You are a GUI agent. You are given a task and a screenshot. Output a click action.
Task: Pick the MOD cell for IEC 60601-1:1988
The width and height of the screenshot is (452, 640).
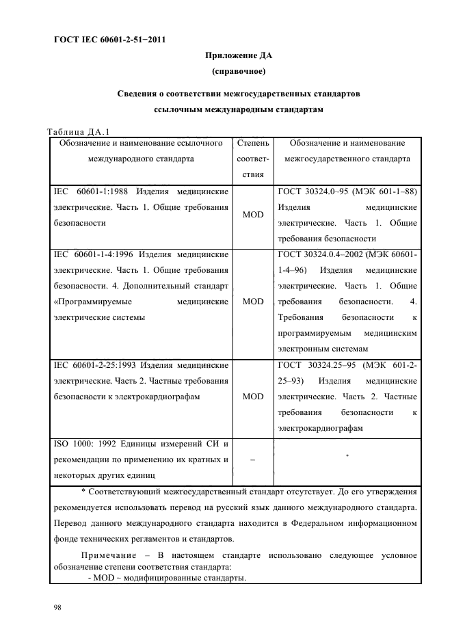point(253,215)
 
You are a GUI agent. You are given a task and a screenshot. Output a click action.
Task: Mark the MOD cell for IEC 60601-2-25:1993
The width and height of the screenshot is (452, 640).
point(253,396)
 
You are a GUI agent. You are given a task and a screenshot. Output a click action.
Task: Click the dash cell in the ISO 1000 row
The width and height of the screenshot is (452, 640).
point(253,460)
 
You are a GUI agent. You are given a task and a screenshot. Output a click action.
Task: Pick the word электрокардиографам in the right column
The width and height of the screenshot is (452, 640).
point(321,429)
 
